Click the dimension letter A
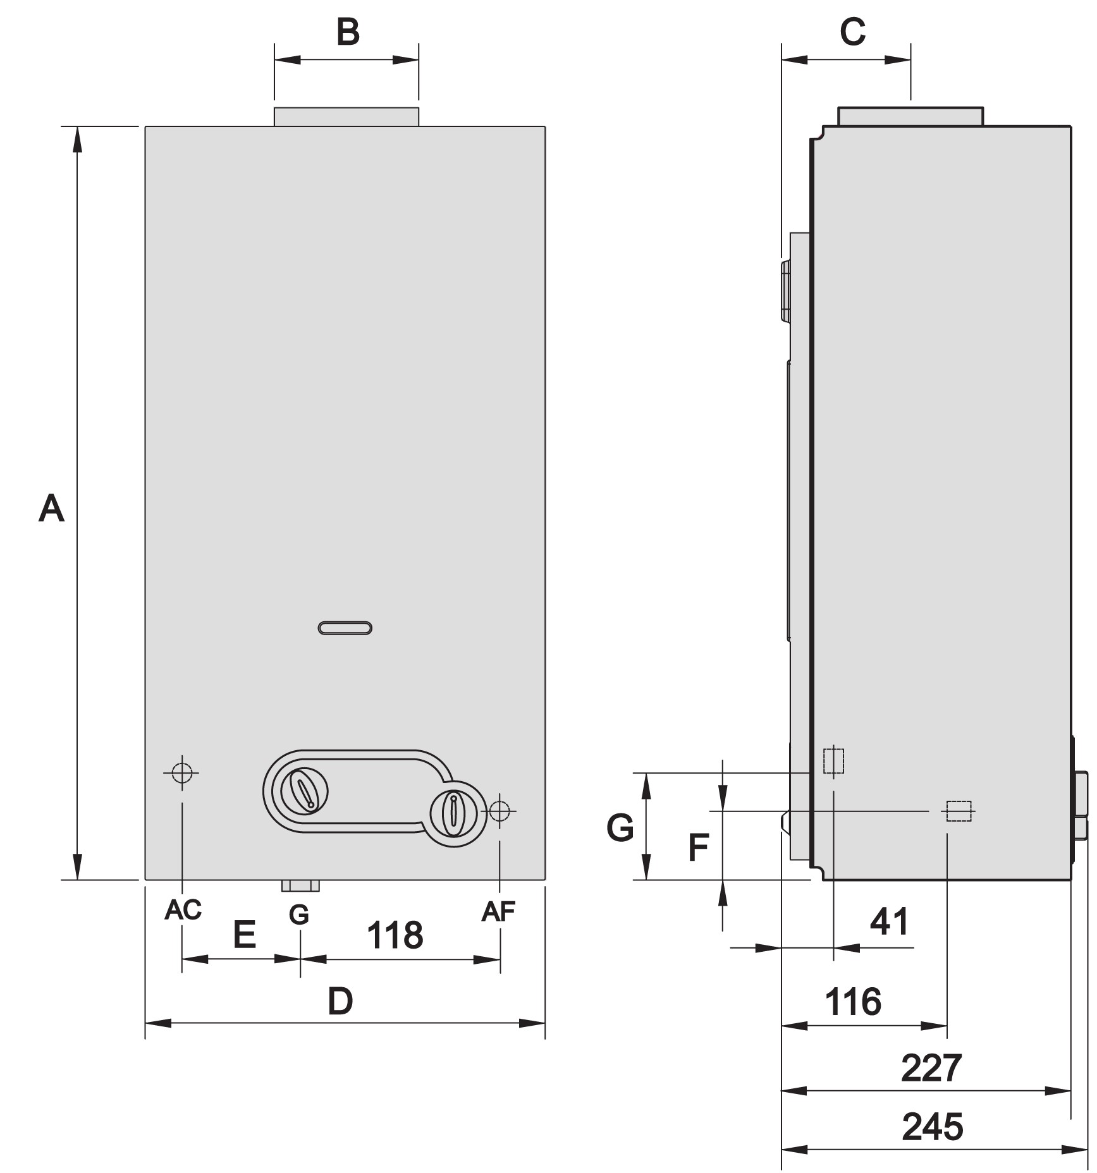tap(51, 509)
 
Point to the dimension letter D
tap(340, 1002)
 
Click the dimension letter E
tap(245, 934)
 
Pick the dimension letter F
tap(698, 848)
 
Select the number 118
tap(395, 935)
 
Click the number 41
tap(890, 921)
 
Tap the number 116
tap(853, 1002)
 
